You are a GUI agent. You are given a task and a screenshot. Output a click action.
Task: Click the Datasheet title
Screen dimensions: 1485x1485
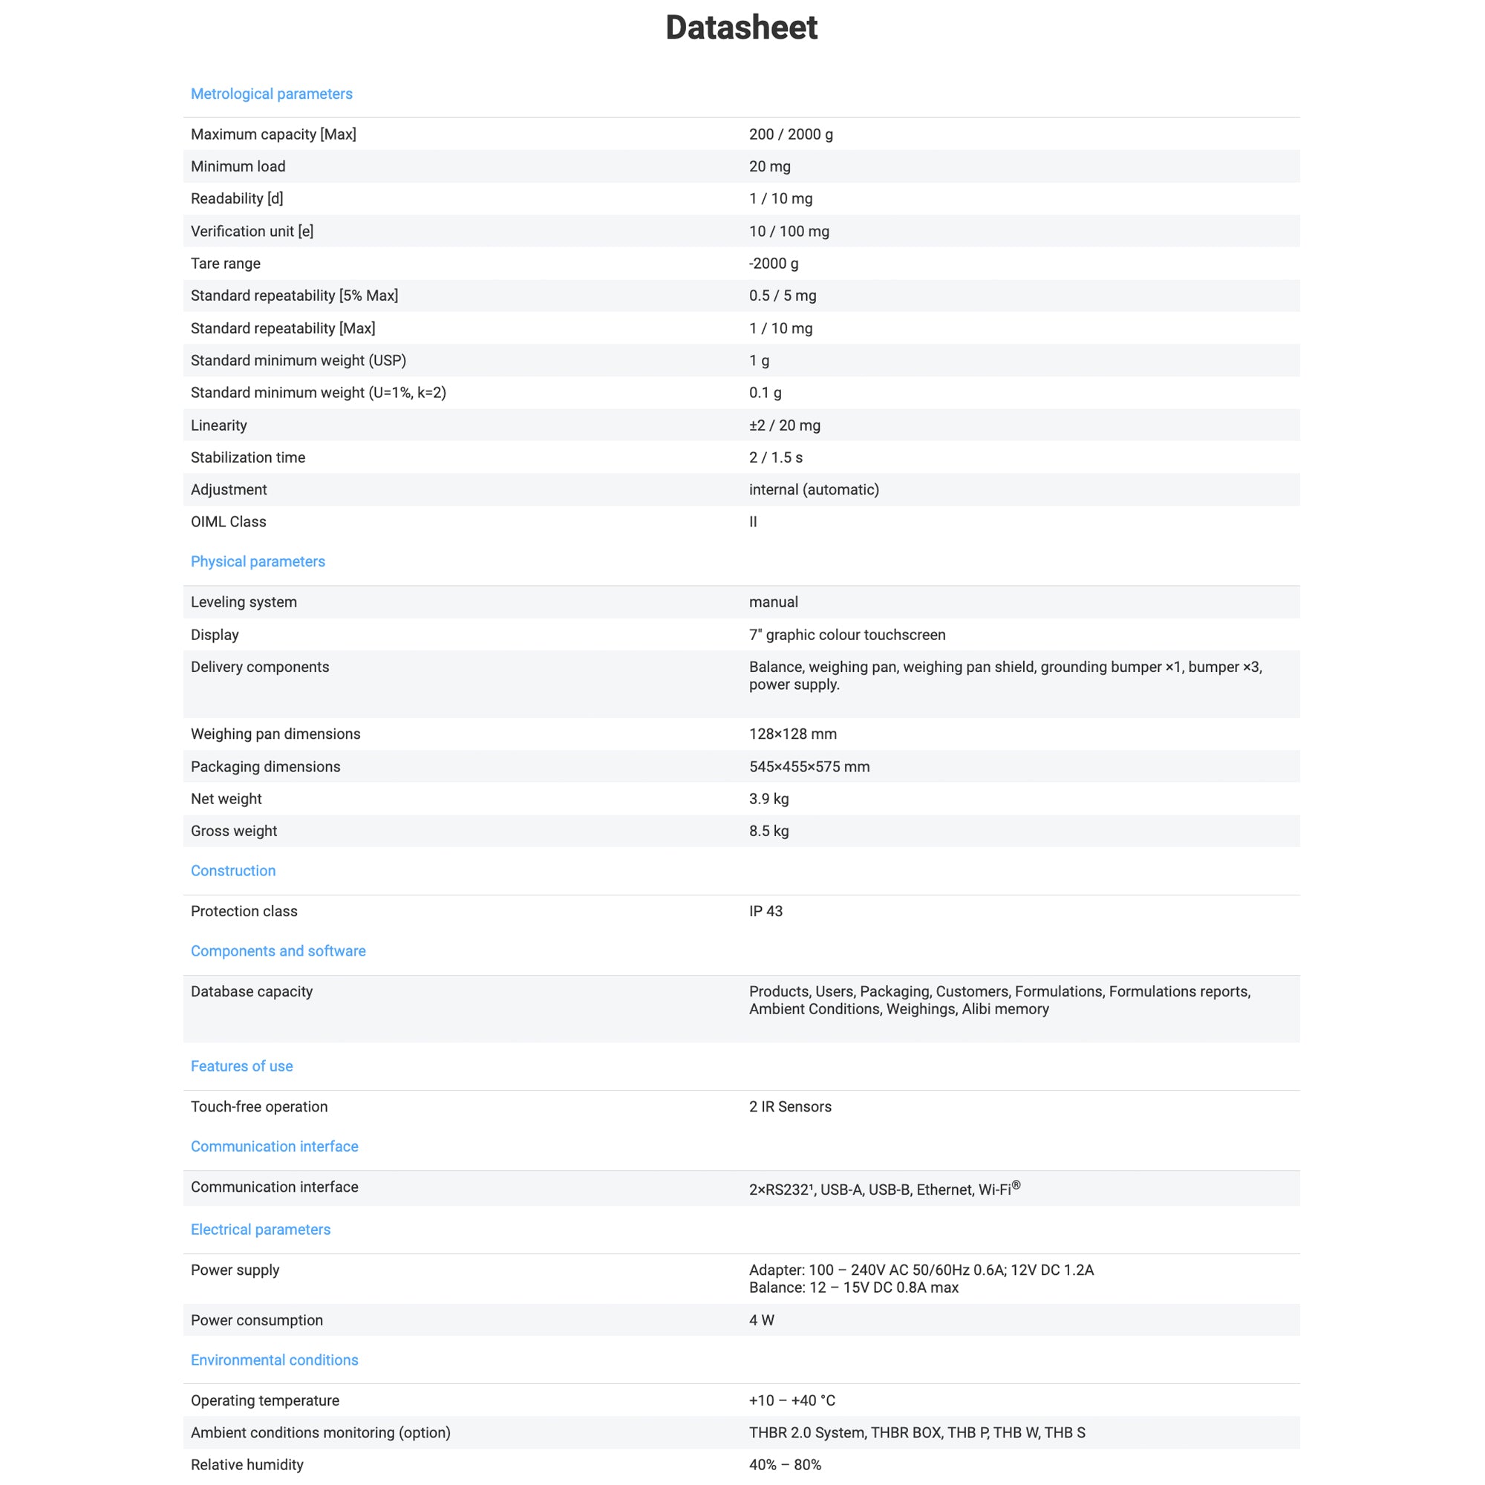[741, 27]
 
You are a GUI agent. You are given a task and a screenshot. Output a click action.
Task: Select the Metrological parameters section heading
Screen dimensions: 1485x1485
[271, 94]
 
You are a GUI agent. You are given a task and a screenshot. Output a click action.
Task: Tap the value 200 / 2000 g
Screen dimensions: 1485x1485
[790, 134]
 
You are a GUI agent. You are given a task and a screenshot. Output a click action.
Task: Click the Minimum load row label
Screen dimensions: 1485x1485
[238, 167]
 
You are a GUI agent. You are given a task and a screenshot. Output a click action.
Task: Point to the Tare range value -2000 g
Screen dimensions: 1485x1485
[773, 264]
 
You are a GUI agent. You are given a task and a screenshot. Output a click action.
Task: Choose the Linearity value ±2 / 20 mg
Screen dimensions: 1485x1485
[784, 425]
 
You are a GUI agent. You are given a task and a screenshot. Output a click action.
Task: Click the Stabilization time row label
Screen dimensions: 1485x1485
[247, 457]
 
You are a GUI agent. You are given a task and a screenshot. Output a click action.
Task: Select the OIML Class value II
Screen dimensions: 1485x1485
[752, 522]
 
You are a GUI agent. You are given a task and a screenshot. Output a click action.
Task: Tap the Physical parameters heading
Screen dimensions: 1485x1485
[258, 562]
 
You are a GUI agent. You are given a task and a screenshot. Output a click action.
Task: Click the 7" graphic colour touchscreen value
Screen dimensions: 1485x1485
[847, 635]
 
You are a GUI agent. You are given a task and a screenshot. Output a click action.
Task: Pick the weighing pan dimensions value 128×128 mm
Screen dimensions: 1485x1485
[792, 734]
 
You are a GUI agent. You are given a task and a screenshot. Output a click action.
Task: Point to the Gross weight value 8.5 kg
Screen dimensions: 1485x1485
[768, 831]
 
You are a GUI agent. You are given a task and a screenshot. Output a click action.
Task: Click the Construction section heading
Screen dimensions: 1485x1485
[233, 871]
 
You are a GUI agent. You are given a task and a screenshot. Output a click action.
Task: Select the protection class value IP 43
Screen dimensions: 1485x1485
[766, 912]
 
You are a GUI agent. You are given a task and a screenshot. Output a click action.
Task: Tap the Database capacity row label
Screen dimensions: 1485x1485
[252, 991]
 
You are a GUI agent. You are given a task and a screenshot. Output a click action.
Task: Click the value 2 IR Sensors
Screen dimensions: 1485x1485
[790, 1107]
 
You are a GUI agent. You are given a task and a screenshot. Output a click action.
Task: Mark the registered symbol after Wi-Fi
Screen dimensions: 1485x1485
[1016, 1185]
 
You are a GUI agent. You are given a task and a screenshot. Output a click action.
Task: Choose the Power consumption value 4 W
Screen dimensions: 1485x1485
[762, 1320]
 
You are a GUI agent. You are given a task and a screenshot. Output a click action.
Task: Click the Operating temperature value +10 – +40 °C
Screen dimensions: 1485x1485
[792, 1400]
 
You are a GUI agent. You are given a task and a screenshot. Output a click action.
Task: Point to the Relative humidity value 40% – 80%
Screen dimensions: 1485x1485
[785, 1465]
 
